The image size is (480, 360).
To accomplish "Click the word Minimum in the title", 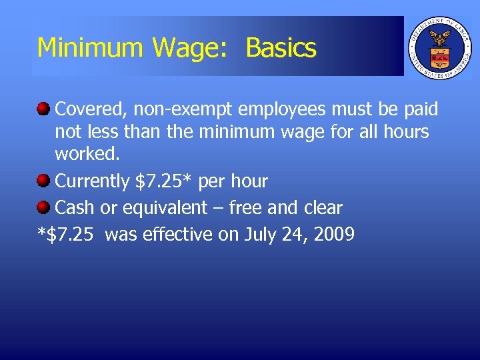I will point(91,48).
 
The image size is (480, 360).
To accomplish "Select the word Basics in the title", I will point(281,48).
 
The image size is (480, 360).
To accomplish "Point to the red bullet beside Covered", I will point(43,107).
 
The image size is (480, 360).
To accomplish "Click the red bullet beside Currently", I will point(43,180).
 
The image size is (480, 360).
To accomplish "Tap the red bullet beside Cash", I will point(43,207).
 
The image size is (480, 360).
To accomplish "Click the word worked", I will point(87,153).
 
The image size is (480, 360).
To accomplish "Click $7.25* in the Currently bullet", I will point(165,181).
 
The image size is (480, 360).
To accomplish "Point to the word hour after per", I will point(247,181).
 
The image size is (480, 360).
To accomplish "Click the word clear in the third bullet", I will point(322,207).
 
